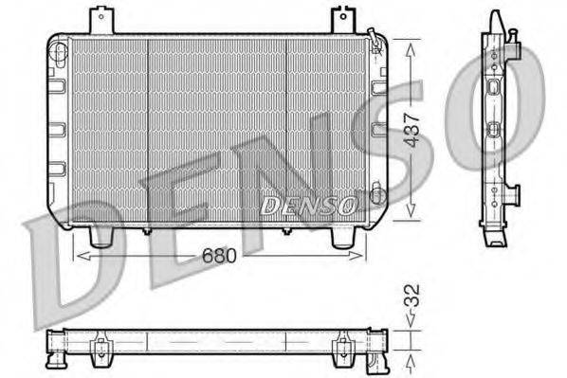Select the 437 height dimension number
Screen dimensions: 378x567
click(412, 124)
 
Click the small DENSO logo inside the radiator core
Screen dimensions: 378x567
click(308, 204)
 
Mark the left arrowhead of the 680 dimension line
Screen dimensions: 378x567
click(79, 255)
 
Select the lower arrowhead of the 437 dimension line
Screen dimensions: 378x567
click(411, 209)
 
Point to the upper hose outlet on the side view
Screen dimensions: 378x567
click(513, 38)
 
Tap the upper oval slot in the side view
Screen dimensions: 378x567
click(493, 88)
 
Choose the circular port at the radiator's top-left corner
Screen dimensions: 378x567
click(56, 44)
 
